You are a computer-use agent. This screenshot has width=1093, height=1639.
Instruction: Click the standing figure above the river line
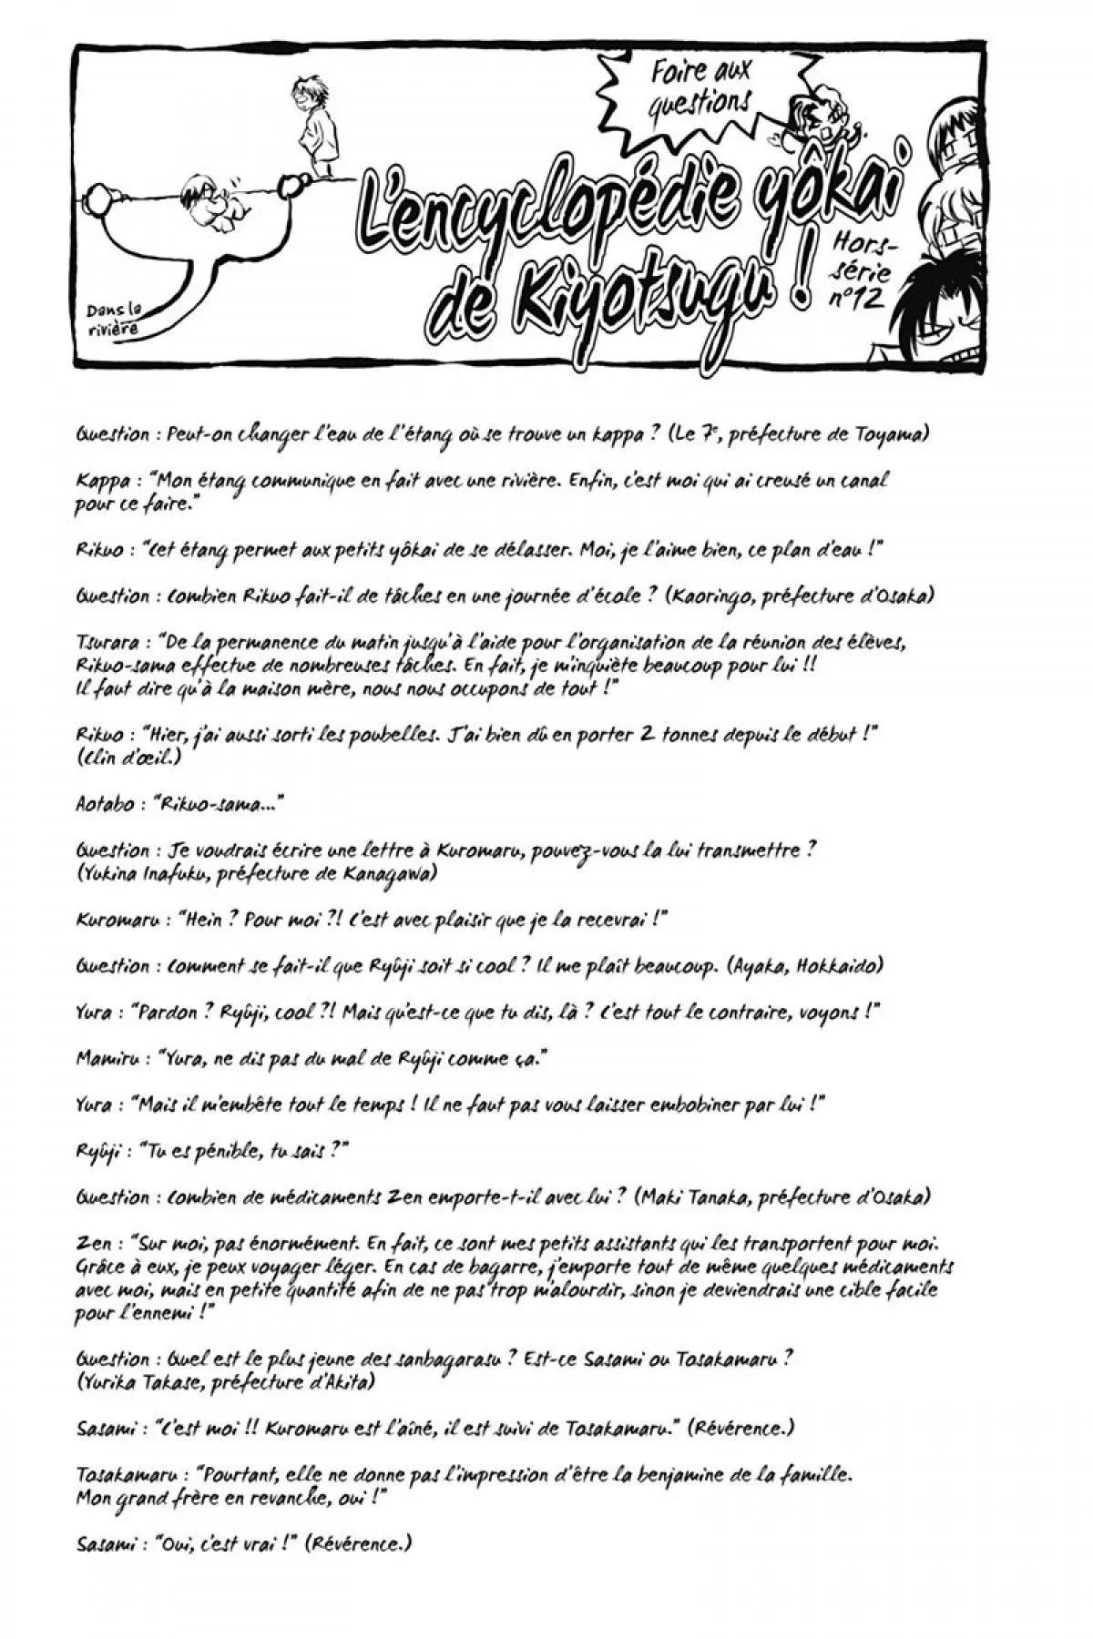point(310,127)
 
